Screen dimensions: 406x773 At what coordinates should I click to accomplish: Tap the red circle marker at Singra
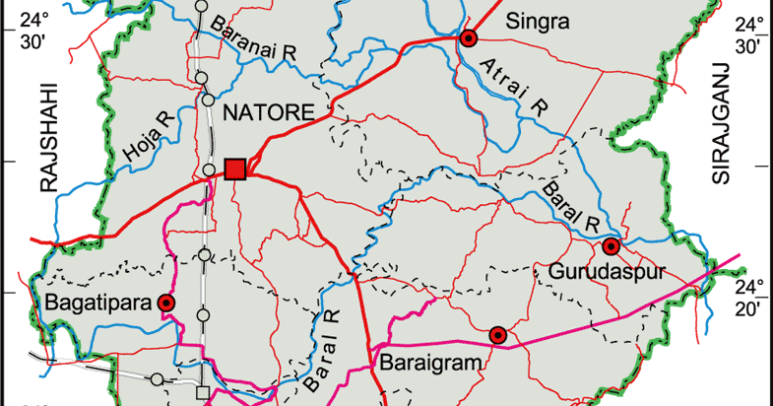point(469,38)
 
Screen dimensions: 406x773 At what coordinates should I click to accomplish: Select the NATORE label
point(269,112)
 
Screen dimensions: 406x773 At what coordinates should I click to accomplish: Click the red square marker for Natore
point(234,169)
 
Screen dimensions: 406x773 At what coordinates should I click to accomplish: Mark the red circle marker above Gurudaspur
point(611,245)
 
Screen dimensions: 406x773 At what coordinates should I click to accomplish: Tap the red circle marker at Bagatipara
point(166,304)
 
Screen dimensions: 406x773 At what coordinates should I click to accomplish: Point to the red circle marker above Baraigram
point(498,335)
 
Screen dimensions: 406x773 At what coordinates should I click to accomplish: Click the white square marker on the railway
point(203,393)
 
